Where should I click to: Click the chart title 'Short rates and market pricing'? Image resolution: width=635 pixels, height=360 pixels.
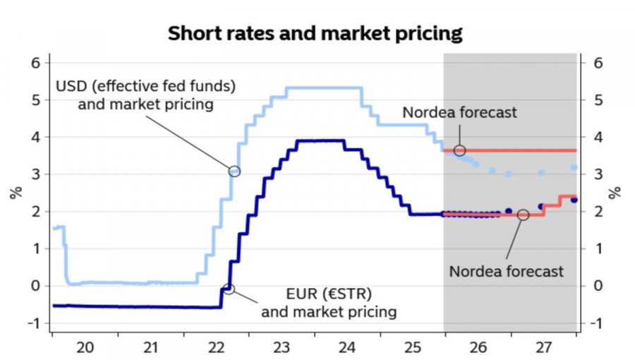(315, 33)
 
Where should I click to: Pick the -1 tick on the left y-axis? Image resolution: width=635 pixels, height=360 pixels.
(32, 323)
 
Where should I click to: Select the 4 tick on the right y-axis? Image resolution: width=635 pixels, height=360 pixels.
(598, 137)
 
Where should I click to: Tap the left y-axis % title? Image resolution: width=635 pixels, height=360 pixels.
(15, 192)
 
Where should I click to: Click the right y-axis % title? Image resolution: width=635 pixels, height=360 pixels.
(615, 192)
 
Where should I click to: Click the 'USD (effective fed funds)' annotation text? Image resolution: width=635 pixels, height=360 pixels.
(145, 87)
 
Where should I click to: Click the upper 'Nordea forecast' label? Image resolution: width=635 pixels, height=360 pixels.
(459, 112)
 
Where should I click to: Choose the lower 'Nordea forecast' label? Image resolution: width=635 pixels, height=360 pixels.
(507, 270)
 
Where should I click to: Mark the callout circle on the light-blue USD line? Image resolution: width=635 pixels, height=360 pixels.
(234, 171)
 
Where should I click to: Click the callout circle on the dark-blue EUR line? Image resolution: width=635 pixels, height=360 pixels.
(229, 289)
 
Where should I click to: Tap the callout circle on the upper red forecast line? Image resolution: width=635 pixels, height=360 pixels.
(459, 150)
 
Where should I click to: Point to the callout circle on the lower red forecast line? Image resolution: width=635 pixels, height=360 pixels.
(523, 215)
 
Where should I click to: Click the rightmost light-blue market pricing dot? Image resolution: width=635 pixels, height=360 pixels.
(574, 167)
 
